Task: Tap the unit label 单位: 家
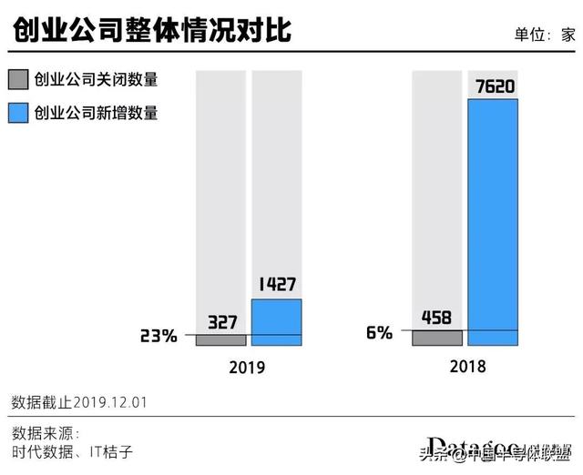(x=544, y=35)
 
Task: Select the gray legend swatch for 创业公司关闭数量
(x=17, y=79)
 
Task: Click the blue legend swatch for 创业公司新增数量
(x=17, y=114)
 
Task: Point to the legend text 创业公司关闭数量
(x=96, y=79)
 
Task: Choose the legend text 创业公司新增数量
(x=96, y=114)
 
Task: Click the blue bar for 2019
(x=276, y=322)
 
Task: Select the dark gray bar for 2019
(x=220, y=340)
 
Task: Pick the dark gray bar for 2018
(x=437, y=338)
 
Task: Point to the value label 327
(x=221, y=321)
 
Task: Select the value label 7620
(x=493, y=86)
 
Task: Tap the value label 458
(x=437, y=318)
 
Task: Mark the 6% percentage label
(x=379, y=332)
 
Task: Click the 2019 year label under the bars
(x=247, y=368)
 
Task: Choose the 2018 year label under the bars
(x=467, y=366)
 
